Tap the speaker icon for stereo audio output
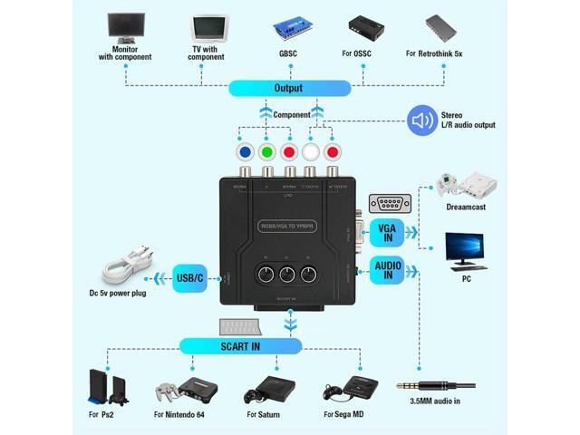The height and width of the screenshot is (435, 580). click(x=422, y=120)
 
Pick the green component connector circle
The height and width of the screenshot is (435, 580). click(x=266, y=152)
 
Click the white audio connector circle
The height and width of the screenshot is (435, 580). click(x=311, y=152)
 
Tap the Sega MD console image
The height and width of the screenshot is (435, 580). click(x=343, y=390)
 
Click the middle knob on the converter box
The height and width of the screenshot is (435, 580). click(x=288, y=277)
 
